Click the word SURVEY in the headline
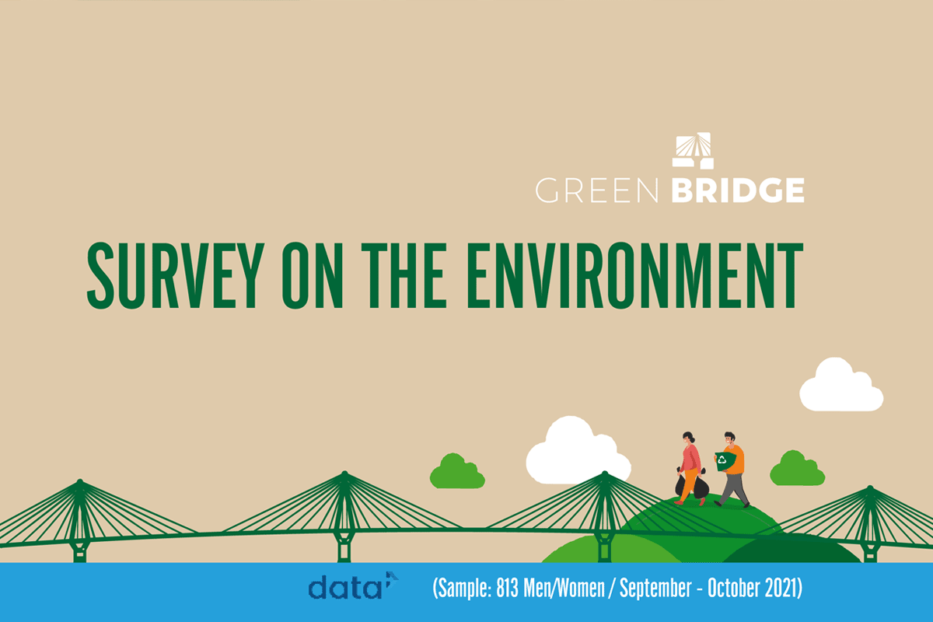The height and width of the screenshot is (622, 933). pyautogui.click(x=176, y=275)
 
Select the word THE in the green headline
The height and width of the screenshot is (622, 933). pyautogui.click(x=404, y=275)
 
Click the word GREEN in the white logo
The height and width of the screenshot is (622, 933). pyautogui.click(x=597, y=190)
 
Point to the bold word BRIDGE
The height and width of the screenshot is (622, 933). pyautogui.click(x=738, y=190)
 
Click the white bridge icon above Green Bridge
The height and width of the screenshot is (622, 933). pyautogui.click(x=693, y=151)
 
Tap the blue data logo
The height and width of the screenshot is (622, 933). pyautogui.click(x=353, y=585)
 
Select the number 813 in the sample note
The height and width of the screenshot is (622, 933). pyautogui.click(x=507, y=588)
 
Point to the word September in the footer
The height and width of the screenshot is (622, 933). pyautogui.click(x=655, y=589)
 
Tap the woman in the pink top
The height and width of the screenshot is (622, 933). pyautogui.click(x=690, y=469)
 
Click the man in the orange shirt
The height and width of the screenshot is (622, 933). pyautogui.click(x=732, y=470)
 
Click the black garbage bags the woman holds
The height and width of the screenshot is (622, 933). pyautogui.click(x=691, y=484)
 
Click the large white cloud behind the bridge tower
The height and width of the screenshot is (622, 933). pyautogui.click(x=577, y=452)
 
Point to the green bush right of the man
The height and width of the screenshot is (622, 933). pyautogui.click(x=797, y=469)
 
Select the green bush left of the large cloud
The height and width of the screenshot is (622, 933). pyautogui.click(x=457, y=472)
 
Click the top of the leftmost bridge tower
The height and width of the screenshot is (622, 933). pyautogui.click(x=80, y=481)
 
